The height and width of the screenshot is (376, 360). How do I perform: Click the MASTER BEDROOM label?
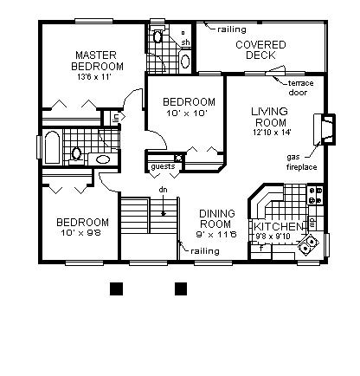tap(98, 60)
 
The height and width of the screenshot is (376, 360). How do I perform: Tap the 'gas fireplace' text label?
tap(302, 161)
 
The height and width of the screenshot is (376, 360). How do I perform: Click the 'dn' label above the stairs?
tap(162, 190)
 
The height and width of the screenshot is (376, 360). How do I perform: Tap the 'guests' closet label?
tap(162, 166)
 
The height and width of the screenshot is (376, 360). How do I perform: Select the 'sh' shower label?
tap(184, 41)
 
